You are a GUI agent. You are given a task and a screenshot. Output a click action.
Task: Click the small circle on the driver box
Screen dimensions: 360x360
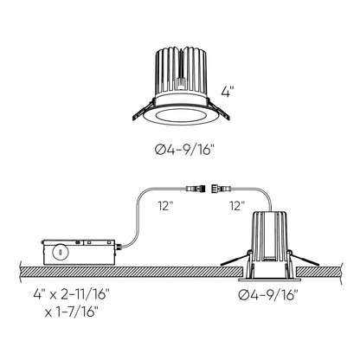pyautogui.click(x=61, y=253)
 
